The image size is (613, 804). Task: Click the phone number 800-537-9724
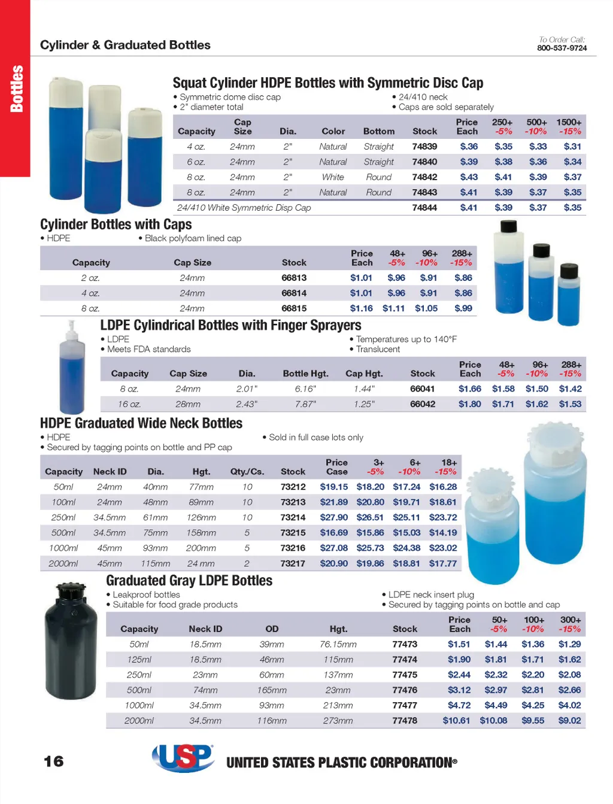click(562, 48)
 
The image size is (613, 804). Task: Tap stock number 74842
click(424, 177)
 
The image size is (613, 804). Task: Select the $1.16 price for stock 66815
click(361, 308)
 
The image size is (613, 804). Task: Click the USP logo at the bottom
click(183, 758)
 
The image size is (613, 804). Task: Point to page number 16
click(54, 761)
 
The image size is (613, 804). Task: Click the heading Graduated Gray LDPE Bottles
click(189, 581)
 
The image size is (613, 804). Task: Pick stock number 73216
click(293, 548)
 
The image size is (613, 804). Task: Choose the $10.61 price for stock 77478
click(456, 720)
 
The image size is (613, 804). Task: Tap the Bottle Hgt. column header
click(305, 374)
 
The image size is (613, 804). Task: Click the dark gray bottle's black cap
click(72, 592)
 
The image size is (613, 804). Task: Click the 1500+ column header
click(569, 122)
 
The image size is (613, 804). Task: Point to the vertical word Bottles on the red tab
click(16, 89)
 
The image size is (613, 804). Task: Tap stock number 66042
click(422, 404)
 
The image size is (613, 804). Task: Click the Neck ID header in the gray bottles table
click(205, 629)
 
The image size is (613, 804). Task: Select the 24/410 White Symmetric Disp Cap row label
click(244, 208)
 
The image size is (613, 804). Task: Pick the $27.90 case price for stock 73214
click(333, 517)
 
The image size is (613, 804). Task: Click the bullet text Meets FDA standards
click(148, 349)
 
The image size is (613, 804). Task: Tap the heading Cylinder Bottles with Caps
click(116, 224)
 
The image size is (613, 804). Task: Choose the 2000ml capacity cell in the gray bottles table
click(139, 720)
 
